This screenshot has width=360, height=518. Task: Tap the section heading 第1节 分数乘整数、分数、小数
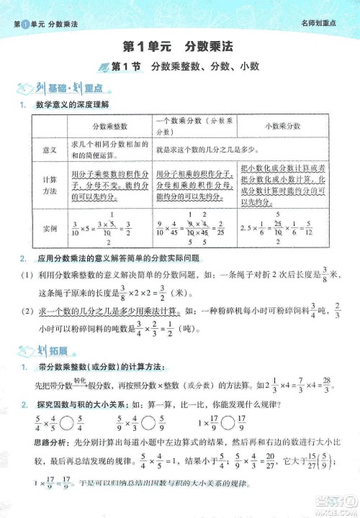pos(185,67)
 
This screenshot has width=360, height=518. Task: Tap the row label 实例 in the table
pos(50,229)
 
